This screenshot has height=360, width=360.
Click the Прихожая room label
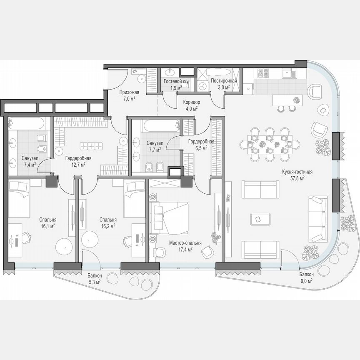(x=129, y=92)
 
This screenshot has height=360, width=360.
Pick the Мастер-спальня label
(x=185, y=243)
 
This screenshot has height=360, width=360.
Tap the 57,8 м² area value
(x=297, y=178)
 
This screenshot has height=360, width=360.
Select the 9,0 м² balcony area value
(x=306, y=281)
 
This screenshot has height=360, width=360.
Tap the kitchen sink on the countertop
(x=287, y=75)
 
